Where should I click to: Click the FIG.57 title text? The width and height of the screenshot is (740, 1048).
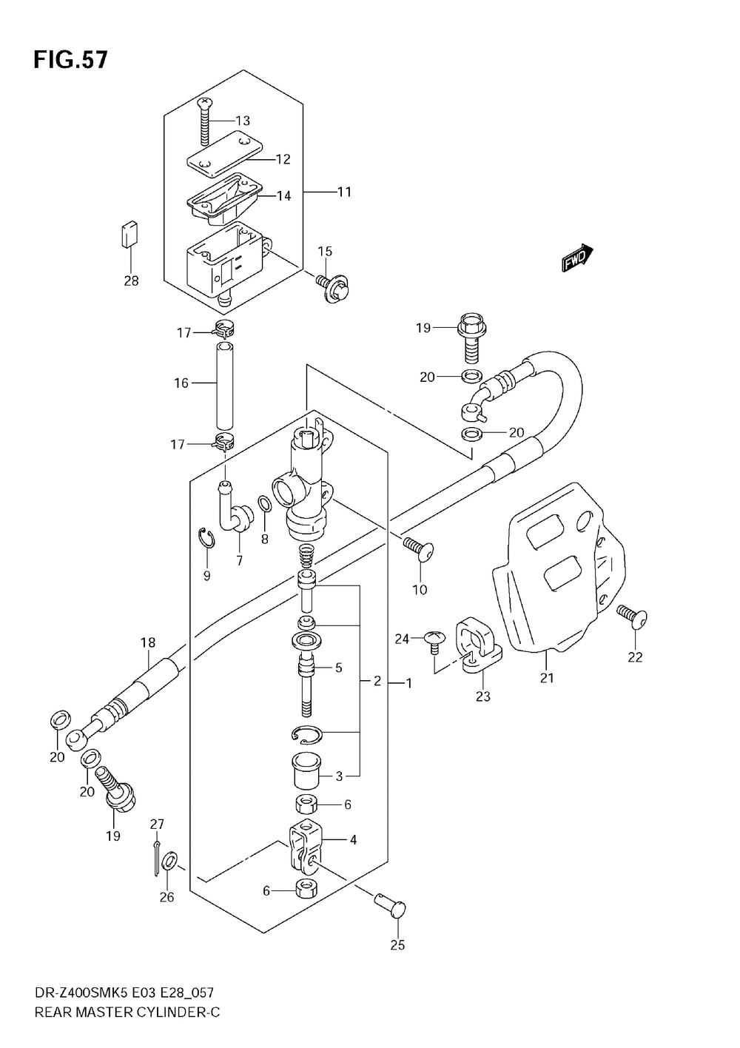coord(70,60)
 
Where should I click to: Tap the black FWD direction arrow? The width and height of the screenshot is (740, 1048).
coord(578,258)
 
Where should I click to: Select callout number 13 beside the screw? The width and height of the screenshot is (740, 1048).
coord(243,121)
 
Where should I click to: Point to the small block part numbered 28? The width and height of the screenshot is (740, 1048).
coord(130,234)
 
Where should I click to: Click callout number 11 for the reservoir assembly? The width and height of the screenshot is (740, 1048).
coord(344,192)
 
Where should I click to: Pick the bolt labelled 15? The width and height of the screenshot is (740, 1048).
coord(334,287)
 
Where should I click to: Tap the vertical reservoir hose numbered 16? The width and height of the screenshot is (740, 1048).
coord(224,386)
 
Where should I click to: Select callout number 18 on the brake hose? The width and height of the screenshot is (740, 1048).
coord(148,642)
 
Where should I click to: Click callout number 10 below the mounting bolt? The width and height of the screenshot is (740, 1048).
coord(420,590)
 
